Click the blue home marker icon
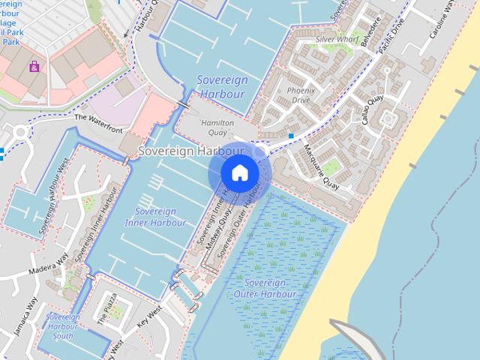(x=239, y=172)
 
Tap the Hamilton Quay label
(x=217, y=127)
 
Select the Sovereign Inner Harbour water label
(x=156, y=217)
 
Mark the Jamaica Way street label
(x=25, y=316)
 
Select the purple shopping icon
(x=35, y=67)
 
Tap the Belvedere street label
(x=366, y=31)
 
